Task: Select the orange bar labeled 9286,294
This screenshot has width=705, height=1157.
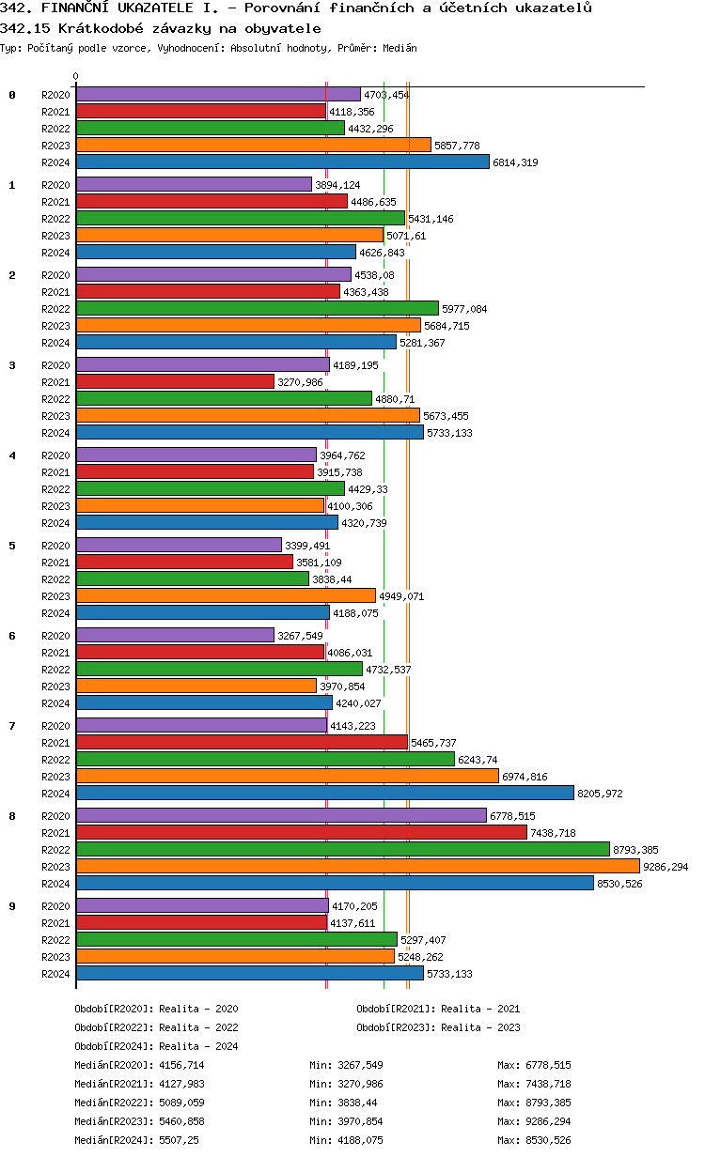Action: coord(357,866)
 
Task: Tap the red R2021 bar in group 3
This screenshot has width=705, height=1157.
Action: coord(175,381)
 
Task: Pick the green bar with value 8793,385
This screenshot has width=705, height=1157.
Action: coord(342,849)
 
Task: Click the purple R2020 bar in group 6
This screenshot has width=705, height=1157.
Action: coord(175,635)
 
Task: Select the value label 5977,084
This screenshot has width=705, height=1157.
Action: coord(464,309)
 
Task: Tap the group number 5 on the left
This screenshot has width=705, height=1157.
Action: coord(12,546)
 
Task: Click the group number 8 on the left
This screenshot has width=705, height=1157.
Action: coord(12,816)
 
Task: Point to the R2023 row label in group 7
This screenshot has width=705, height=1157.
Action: coord(56,777)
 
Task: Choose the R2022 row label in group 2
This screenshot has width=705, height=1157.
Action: coord(56,309)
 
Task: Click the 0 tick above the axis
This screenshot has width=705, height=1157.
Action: coord(76,77)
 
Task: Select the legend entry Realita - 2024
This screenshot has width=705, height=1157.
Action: coord(198,1046)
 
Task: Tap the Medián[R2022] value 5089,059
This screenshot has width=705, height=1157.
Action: coord(180,1103)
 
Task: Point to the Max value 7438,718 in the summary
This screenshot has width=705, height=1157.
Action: coord(550,1084)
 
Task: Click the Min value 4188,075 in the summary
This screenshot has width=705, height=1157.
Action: coord(361,1140)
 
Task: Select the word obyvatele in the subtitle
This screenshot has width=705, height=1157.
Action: coord(282,28)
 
